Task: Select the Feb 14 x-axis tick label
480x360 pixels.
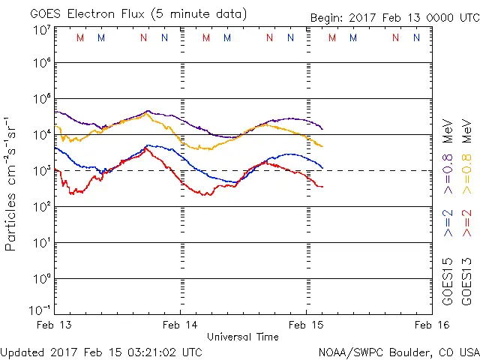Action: click(181, 325)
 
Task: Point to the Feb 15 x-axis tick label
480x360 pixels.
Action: click(306, 325)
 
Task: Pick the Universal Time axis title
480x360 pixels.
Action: click(243, 337)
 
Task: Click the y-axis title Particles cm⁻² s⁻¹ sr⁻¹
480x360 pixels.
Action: click(12, 184)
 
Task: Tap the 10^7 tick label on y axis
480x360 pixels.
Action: click(41, 31)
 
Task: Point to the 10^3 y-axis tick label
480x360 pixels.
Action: click(41, 170)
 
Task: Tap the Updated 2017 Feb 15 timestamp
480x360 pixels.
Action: click(101, 352)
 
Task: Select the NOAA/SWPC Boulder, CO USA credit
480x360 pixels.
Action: click(398, 352)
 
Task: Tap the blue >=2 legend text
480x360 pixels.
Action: click(448, 223)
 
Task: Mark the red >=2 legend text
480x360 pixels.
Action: click(466, 223)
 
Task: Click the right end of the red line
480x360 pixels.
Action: click(322, 187)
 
